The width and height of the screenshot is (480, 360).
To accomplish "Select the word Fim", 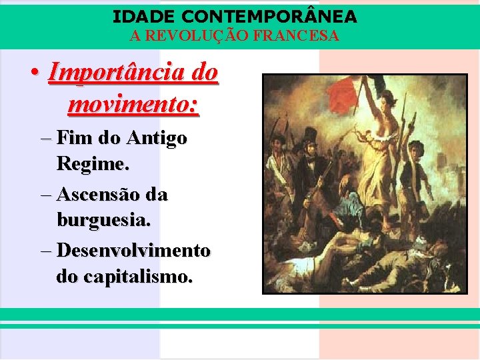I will point(75,139).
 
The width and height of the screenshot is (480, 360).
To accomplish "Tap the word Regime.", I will point(87,163).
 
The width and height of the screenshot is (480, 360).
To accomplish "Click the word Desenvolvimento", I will point(133,251).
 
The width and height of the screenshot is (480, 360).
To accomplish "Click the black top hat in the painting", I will point(309,135).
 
